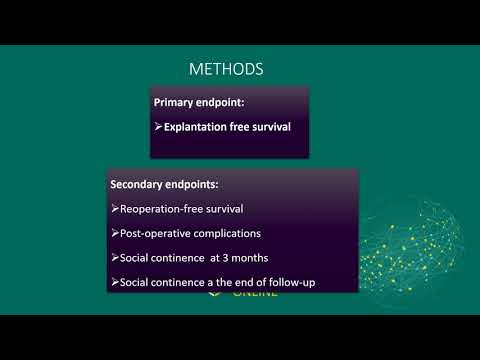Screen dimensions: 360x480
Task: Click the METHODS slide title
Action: coord(227,69)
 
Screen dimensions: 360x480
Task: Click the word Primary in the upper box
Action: coord(174,103)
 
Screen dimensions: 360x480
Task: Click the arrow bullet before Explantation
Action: coord(158,127)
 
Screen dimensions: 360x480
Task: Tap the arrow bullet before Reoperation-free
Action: coord(113,209)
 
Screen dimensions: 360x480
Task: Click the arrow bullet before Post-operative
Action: coord(113,234)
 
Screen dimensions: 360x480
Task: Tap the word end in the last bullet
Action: coord(236,283)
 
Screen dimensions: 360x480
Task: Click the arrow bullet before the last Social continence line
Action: coord(113,283)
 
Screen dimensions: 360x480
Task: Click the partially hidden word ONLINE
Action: coord(255,295)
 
